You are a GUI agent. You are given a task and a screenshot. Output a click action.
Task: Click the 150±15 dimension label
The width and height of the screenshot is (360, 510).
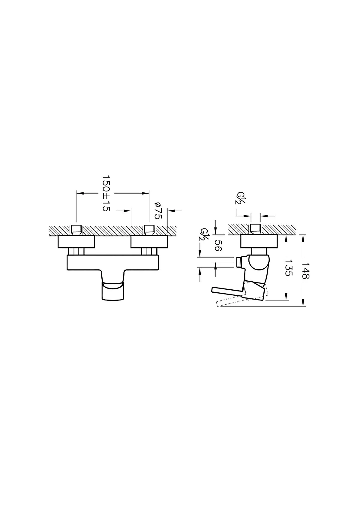(106, 193)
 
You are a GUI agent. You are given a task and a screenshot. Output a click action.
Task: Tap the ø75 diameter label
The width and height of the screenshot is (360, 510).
(158, 211)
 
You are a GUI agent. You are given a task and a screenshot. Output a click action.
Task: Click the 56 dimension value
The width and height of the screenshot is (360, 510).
(218, 246)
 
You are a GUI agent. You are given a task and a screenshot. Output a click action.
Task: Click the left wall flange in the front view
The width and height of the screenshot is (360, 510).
(76, 242)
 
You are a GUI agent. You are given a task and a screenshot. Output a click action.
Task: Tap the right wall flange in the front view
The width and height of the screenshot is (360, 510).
(149, 242)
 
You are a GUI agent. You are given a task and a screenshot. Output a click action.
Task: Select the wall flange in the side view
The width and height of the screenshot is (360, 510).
(259, 241)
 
